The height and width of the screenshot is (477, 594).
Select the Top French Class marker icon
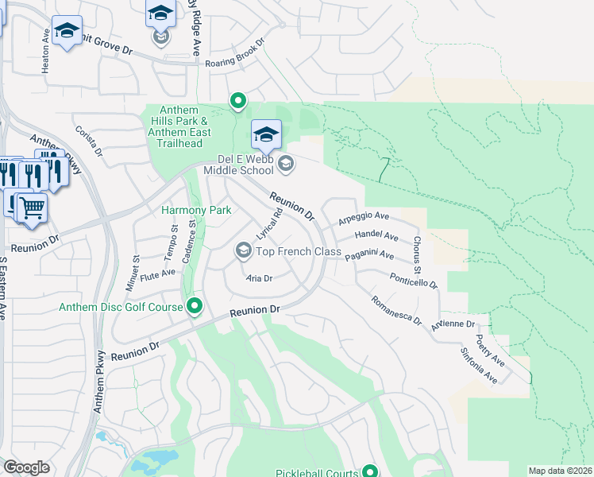243,251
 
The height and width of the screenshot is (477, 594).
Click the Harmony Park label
196,210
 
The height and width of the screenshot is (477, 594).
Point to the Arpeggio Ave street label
364,217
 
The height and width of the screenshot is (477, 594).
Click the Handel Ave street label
376,235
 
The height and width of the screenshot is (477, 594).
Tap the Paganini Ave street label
369,255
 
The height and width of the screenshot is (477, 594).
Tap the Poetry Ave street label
490,350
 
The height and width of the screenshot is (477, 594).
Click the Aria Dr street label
260,278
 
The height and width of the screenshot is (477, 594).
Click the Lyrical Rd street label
270,225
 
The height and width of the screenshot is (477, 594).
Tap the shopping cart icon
32,208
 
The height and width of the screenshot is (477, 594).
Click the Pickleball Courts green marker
369,471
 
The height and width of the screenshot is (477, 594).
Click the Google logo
26,467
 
